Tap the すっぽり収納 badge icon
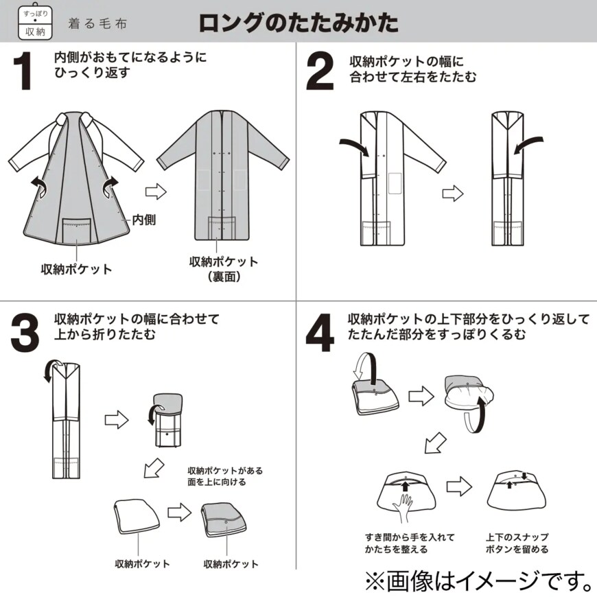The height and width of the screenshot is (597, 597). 34,22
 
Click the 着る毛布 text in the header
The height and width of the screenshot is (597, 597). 97,23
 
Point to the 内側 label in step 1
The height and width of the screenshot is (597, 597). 143,220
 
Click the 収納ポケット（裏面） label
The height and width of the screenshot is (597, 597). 223,269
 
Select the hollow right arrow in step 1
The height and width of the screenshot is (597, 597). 156,191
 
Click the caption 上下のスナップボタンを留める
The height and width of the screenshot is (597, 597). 517,543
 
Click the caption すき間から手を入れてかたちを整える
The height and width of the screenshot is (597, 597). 409,543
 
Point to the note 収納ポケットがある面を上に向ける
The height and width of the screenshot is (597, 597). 225,476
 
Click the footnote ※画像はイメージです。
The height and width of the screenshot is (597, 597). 479,581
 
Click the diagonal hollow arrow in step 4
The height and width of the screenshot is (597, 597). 434,444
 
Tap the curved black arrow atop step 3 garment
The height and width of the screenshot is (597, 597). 49,369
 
